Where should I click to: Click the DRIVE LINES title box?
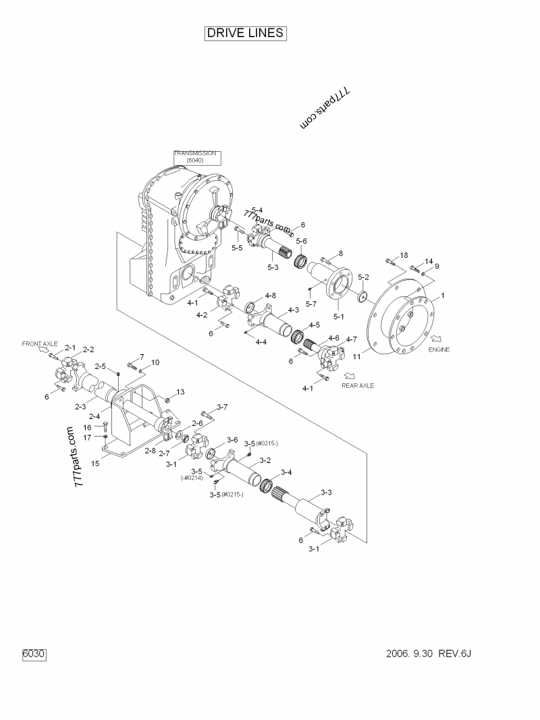click(246, 34)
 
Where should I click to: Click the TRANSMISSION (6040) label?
click(195, 157)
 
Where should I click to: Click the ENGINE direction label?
click(439, 350)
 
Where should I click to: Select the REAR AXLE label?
click(357, 385)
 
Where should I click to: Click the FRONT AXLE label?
click(40, 343)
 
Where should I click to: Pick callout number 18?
click(404, 255)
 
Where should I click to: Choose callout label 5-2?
click(363, 277)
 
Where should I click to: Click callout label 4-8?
click(270, 295)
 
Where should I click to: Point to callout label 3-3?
click(325, 492)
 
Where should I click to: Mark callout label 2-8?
click(151, 450)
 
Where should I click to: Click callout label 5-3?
click(273, 267)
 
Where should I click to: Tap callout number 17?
click(87, 437)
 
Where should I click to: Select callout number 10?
click(155, 362)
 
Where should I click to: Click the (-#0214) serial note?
click(192, 478)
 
